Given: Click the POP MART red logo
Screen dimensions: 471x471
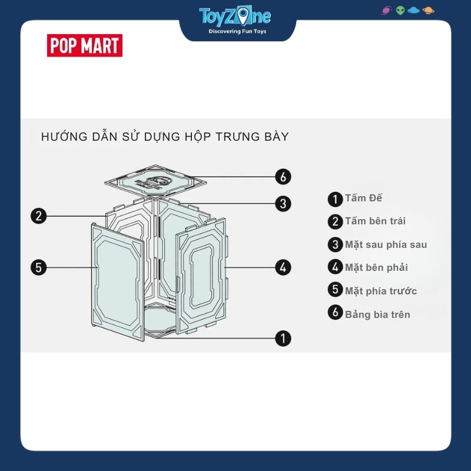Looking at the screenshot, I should (x=84, y=46).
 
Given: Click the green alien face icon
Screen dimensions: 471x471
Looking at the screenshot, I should (x=400, y=11).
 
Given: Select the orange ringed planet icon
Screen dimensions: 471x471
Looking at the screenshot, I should (x=428, y=11).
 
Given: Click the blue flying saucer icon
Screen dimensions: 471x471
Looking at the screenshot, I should (x=414, y=11).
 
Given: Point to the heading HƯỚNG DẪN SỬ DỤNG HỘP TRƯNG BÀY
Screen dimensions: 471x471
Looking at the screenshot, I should (x=165, y=137).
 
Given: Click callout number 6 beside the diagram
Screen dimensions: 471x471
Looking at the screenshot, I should (x=283, y=176).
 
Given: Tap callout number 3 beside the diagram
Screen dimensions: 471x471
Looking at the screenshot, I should (x=283, y=204).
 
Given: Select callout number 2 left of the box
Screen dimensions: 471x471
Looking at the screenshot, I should (x=39, y=215).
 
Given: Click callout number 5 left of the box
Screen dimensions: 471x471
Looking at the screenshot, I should (x=39, y=267).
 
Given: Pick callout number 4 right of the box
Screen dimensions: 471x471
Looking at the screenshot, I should (x=283, y=267).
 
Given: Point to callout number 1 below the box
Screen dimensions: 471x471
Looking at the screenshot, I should (x=283, y=338).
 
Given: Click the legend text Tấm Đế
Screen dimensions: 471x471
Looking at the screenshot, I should (x=363, y=198).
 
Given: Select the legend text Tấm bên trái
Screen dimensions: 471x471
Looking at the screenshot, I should (x=375, y=221).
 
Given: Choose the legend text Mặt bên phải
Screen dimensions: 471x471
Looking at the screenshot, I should (x=376, y=267).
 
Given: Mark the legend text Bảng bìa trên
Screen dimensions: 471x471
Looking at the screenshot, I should (x=377, y=314).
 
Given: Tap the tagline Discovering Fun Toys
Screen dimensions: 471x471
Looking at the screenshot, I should (x=234, y=31).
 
